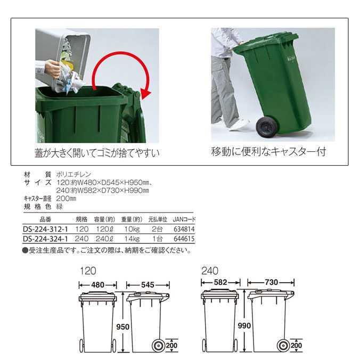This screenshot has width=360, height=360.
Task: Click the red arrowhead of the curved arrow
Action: coord(145,94)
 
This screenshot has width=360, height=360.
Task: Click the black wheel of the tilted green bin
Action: coord(267,127)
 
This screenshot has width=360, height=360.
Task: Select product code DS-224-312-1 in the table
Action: coord(45,229)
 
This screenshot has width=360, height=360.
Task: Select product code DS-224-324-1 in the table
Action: coord(45,239)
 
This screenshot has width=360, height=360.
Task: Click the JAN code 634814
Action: coord(184,229)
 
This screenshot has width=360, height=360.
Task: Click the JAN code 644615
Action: coord(184,239)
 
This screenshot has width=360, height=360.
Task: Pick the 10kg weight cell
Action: coord(132,229)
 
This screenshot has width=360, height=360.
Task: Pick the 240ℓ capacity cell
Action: coord(104,239)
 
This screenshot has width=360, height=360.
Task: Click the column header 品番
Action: coord(45,219)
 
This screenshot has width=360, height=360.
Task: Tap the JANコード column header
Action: coord(184,219)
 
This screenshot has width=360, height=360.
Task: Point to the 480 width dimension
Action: coord(98,285)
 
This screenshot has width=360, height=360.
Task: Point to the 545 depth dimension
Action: coord(148,285)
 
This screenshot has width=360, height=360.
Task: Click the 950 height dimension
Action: coord(122,326)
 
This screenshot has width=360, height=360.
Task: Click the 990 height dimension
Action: coord(244,325)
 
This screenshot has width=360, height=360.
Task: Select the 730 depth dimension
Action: coord(272,282)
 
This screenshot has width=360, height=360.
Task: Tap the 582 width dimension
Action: coord(220,282)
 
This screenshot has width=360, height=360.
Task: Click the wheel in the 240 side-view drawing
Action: coord(283,346)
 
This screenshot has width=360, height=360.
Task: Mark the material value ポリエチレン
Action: coord(73,174)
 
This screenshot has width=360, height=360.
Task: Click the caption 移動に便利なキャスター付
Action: coord(268,152)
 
